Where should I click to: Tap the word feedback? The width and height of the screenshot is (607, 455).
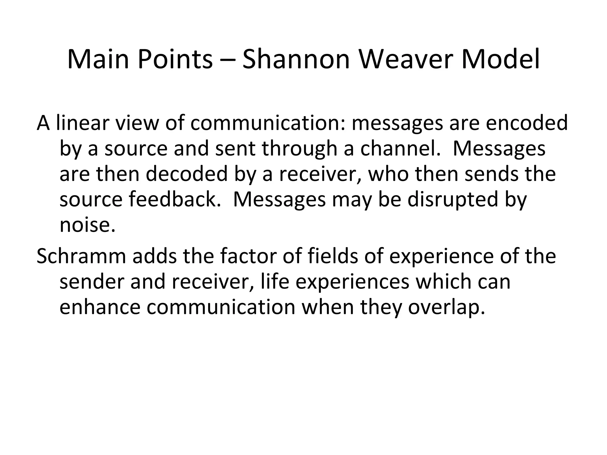pyautogui.click(x=175, y=199)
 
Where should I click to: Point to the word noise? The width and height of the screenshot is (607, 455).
pyautogui.click(x=87, y=225)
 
